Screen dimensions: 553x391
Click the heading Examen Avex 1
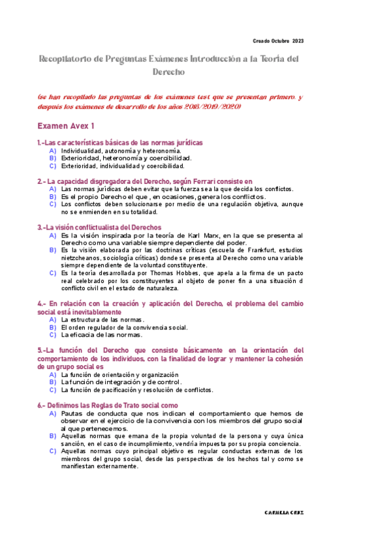point(66,125)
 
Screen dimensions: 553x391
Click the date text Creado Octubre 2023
point(277,41)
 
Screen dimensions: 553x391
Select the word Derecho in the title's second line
point(169,72)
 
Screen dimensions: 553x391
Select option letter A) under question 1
point(52,151)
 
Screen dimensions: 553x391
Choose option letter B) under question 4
point(52,327)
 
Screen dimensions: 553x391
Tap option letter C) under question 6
point(52,451)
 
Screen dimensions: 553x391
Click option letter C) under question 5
point(52,390)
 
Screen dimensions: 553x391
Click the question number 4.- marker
point(42,305)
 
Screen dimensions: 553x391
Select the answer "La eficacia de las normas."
point(101,335)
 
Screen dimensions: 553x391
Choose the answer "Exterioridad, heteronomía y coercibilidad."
point(126,158)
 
